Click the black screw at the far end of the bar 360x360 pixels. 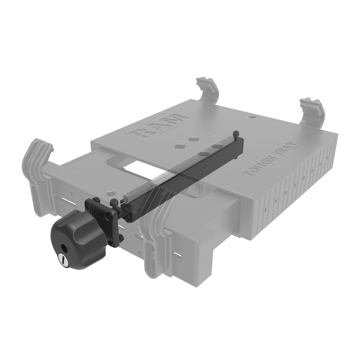235,134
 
